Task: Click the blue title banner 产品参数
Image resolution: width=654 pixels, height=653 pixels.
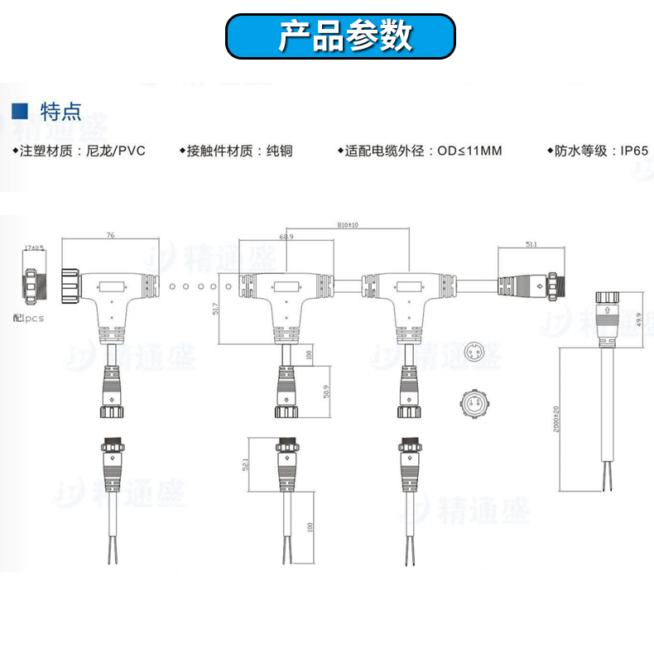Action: (340, 36)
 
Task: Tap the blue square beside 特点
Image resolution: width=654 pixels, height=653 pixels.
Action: (22, 110)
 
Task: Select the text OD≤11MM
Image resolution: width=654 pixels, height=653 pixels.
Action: (469, 151)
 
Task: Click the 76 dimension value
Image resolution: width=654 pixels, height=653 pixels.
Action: (110, 236)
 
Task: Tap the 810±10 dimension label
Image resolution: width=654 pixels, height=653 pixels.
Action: (348, 225)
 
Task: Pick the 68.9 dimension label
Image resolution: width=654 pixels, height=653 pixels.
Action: (287, 237)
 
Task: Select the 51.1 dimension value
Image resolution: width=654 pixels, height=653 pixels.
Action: (531, 243)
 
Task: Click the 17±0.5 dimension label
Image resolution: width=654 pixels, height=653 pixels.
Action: (35, 247)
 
